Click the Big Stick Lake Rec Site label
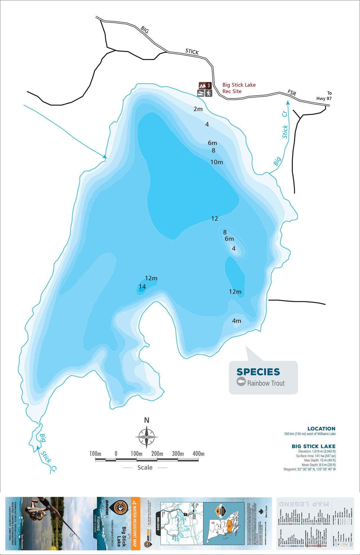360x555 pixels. coord(239,88)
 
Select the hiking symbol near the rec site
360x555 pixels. coord(209,93)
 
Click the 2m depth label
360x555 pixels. coord(198,109)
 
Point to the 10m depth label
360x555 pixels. coord(216,162)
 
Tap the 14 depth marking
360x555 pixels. coord(142,287)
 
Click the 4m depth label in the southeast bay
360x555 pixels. coord(237,321)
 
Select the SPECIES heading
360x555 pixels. coord(258,372)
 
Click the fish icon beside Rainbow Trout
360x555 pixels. coord(241,382)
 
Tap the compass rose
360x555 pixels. coord(146,437)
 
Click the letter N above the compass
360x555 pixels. coord(146,420)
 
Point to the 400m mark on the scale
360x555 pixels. coord(198,454)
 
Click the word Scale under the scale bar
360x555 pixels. coord(145,467)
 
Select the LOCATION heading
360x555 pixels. coord(321,429)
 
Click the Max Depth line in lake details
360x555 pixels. coord(320,460)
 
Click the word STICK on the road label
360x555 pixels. coord(192,52)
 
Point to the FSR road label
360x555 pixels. coord(292,93)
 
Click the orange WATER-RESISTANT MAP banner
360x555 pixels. coord(136,524)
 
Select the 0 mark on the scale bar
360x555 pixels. coord(116,454)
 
